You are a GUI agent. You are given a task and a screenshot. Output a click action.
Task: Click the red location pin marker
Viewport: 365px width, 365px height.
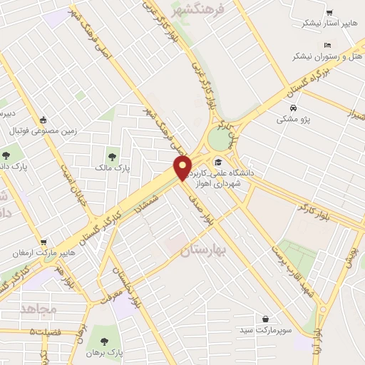point(182,167)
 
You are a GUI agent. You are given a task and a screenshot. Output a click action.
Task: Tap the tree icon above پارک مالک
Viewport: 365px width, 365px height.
point(110,155)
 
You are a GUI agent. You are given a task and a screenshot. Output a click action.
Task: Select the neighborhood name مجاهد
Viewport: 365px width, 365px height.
point(38,308)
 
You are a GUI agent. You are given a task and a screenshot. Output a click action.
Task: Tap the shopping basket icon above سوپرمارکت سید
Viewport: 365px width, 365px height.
point(266,318)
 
